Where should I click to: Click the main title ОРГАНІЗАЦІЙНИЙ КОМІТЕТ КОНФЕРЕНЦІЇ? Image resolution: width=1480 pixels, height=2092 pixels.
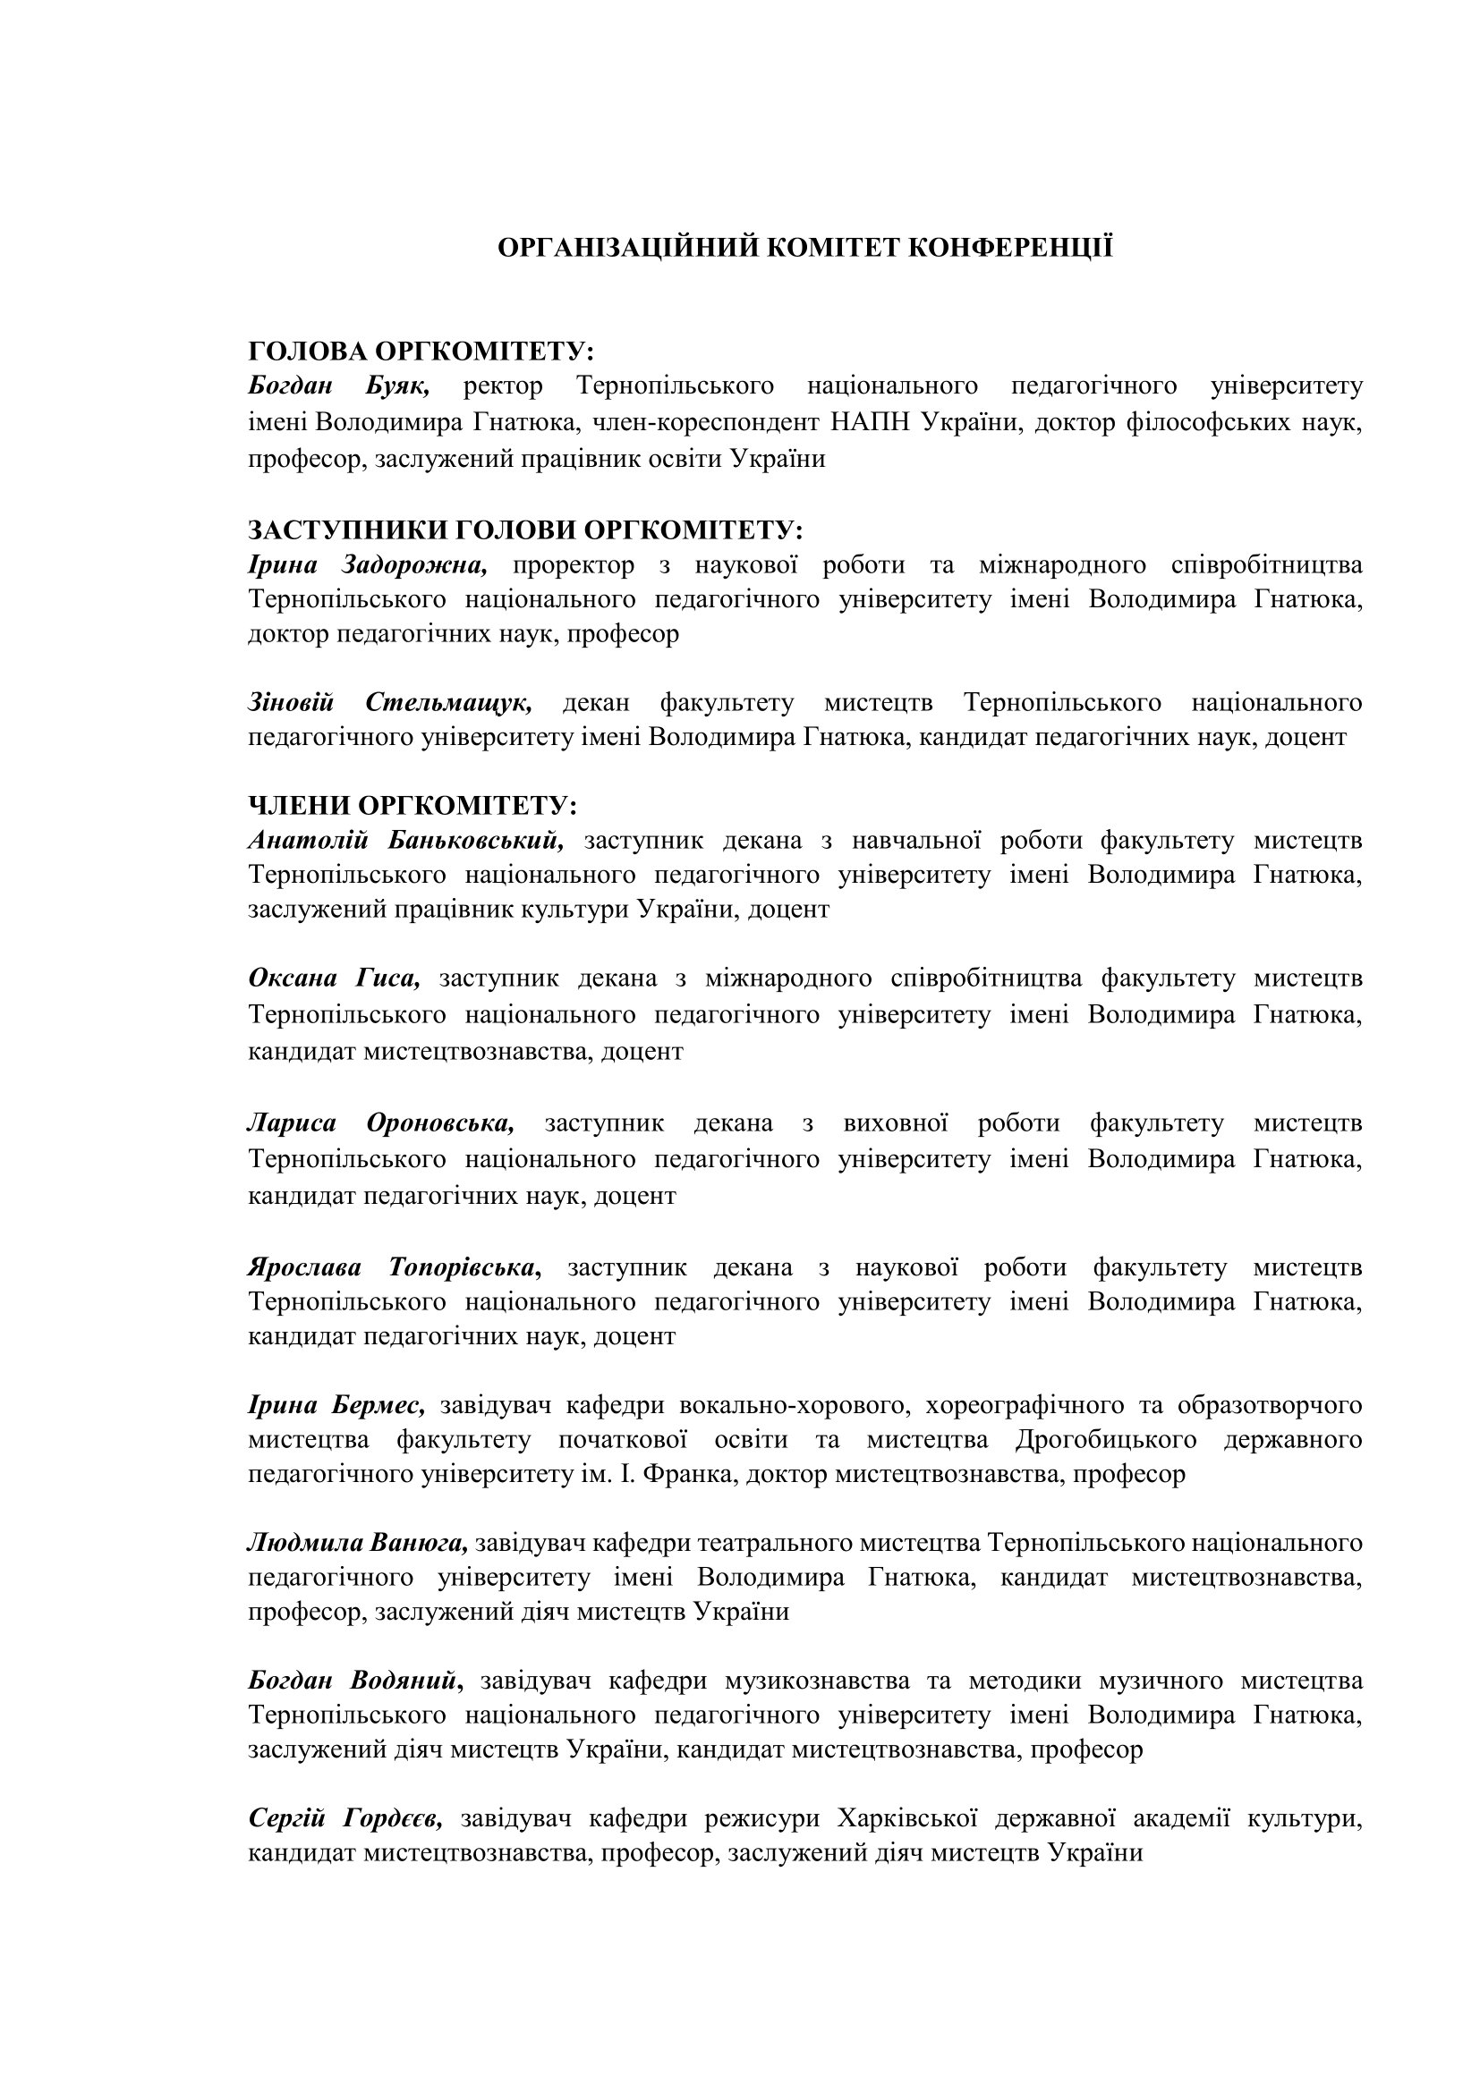[x=804, y=247]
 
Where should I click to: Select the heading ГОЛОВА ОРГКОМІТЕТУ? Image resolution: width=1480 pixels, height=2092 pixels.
[x=421, y=351]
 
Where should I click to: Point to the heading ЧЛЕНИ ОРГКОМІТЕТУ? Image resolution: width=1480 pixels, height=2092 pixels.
[x=412, y=806]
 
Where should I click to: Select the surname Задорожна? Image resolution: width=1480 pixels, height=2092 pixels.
[x=414, y=565]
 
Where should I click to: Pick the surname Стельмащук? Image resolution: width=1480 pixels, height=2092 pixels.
[x=449, y=702]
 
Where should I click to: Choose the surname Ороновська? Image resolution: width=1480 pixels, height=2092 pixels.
[x=440, y=1122]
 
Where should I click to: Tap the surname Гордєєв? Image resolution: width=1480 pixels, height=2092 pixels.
[x=394, y=1818]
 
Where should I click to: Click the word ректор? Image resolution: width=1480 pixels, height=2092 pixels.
[x=503, y=385]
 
